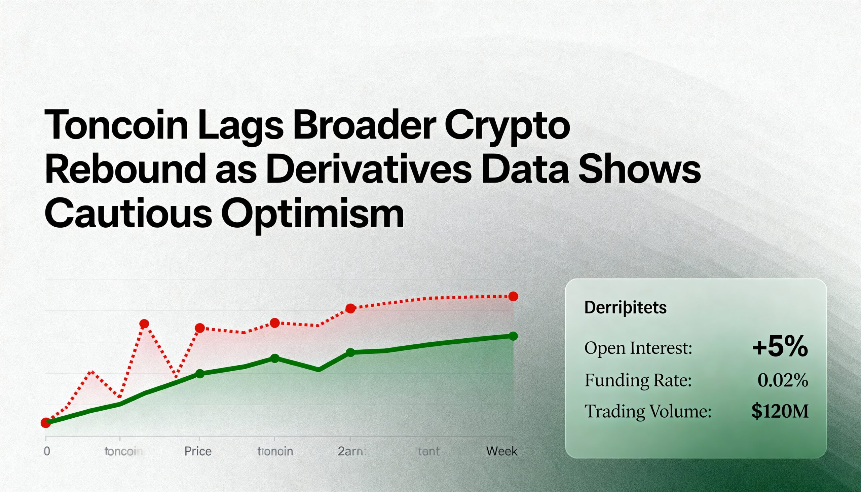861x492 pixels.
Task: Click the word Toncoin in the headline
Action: [x=116, y=125]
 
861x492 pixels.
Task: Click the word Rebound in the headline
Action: [x=125, y=169]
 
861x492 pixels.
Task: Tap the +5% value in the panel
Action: [x=780, y=347]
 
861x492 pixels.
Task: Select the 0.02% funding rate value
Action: [x=783, y=380]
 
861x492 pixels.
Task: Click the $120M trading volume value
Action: [x=780, y=411]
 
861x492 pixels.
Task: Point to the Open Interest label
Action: [x=638, y=348]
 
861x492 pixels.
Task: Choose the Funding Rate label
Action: [x=638, y=380]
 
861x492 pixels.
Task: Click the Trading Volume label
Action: [x=648, y=412]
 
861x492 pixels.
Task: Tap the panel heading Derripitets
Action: [x=625, y=307]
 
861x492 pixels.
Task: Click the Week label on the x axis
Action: [x=501, y=451]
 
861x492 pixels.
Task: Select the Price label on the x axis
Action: [x=198, y=451]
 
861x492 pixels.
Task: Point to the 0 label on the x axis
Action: [x=47, y=451]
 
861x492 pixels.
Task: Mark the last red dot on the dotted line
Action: [x=513, y=296]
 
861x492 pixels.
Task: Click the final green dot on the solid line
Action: [x=513, y=336]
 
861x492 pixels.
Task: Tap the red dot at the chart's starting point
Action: [x=46, y=423]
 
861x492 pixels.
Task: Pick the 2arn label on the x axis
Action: [x=352, y=451]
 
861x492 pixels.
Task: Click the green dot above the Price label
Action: [x=200, y=374]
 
